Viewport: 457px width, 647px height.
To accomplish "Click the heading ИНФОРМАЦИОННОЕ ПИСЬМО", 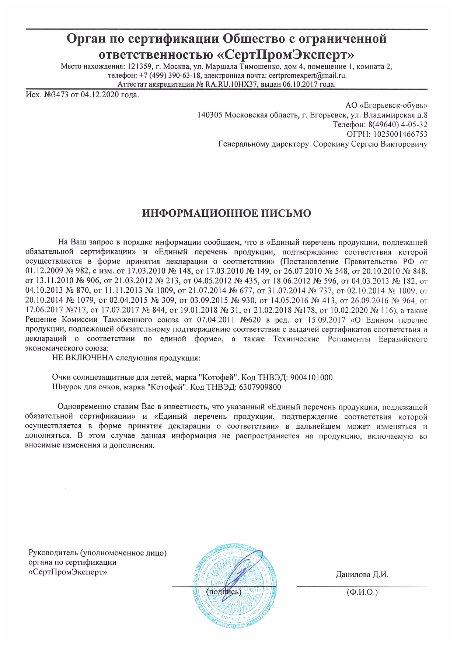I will (x=227, y=213).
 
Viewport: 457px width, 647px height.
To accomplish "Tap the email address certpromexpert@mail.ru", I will (x=307, y=76).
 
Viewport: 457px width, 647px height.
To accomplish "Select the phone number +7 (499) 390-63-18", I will (x=170, y=76).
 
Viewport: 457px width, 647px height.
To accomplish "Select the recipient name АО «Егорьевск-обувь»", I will (x=386, y=105).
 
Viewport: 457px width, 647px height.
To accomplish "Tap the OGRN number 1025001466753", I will (x=400, y=134).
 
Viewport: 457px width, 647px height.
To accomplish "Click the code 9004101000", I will (x=311, y=378).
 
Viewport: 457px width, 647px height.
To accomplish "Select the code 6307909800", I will (x=260, y=387).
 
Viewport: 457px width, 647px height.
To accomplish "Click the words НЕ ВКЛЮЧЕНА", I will (x=83, y=358).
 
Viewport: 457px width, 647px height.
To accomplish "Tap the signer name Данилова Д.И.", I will (x=362, y=575).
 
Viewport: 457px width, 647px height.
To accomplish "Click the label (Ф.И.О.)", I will (x=362, y=592).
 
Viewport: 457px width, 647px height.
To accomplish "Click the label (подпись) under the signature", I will (x=224, y=592).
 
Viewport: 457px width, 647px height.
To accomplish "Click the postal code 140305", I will (x=210, y=115).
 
